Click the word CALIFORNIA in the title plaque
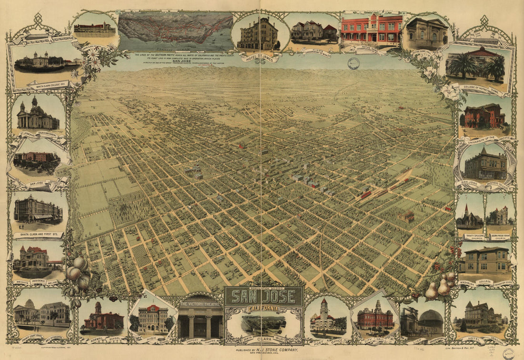[263, 309]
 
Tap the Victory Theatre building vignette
[200, 320]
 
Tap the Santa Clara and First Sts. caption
[39, 235]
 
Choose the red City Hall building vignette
[375, 317]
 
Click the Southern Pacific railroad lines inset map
[175, 31]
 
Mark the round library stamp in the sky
[353, 63]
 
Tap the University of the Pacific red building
[484, 117]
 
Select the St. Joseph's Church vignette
[38, 114]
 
